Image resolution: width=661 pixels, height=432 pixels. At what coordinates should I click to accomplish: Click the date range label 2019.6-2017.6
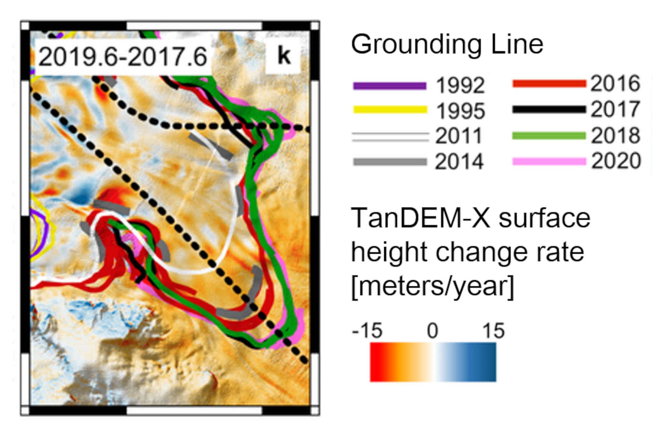(x=123, y=57)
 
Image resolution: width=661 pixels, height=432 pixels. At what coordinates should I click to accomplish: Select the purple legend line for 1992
(x=390, y=86)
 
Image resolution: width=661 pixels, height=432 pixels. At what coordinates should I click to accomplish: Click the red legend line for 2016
(x=549, y=84)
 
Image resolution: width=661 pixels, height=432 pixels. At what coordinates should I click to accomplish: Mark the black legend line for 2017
(x=549, y=109)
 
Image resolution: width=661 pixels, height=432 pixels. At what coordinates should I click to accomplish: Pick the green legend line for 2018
(x=549, y=136)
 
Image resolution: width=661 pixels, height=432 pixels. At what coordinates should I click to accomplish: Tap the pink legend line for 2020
(x=549, y=161)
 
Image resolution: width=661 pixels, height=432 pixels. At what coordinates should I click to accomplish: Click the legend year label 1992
(x=460, y=85)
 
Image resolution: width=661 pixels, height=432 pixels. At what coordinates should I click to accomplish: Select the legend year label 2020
(x=616, y=161)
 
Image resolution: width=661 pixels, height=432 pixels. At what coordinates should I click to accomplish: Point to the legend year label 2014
(x=459, y=162)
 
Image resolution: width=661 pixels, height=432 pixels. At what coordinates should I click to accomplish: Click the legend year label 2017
(x=616, y=109)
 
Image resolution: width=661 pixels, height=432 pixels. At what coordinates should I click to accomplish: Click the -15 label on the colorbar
(x=367, y=331)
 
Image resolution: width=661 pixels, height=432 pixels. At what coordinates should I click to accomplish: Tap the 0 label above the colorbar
(x=432, y=331)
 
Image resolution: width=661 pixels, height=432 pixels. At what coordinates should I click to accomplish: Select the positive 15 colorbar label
(x=493, y=331)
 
